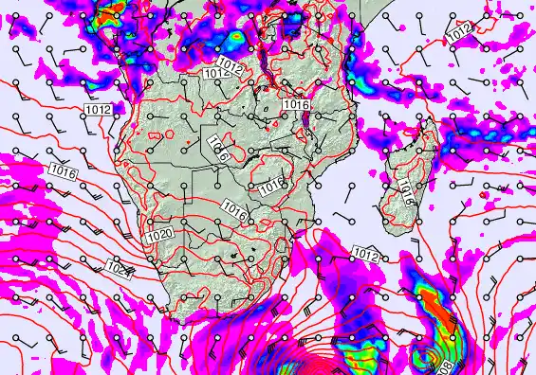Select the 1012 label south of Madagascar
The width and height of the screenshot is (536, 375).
[367, 254]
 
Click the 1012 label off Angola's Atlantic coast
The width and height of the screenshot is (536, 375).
[98, 110]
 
